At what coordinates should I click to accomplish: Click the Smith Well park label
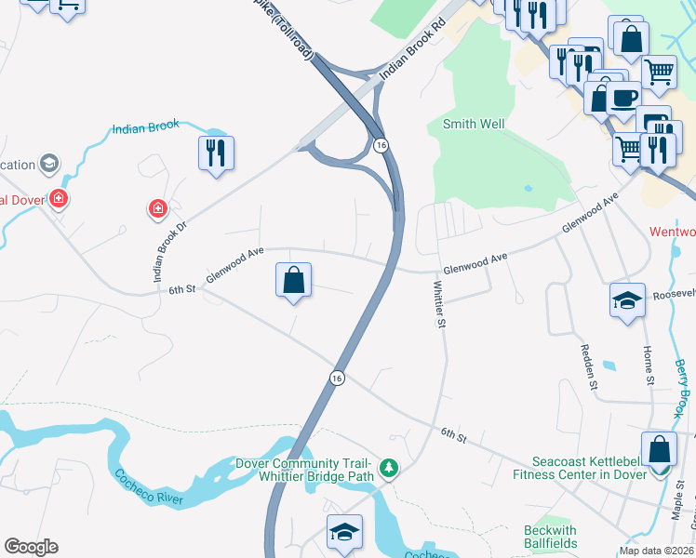pos(474,124)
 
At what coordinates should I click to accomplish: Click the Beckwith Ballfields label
pos(550,537)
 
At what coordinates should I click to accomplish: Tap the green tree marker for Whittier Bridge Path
pos(389,470)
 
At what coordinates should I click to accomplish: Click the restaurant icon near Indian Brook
pos(216,153)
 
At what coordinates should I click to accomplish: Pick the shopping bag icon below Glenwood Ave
pos(293,280)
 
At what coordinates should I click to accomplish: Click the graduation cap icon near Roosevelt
pos(627,300)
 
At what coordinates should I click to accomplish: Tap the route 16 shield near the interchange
pos(381,145)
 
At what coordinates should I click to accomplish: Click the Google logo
pos(31,547)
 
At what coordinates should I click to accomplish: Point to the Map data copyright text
pos(656,551)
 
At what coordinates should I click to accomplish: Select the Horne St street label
pos(649,365)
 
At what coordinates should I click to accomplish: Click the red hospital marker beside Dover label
pos(59,199)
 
